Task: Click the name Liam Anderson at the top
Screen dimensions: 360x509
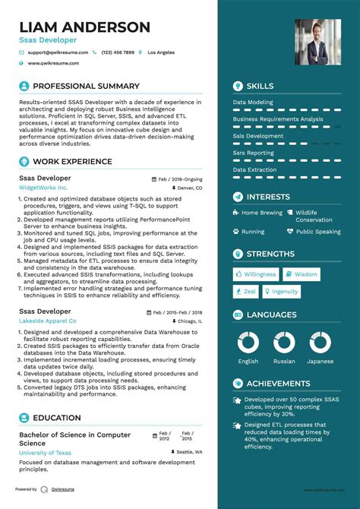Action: (x=85, y=27)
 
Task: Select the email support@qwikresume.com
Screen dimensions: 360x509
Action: (x=58, y=52)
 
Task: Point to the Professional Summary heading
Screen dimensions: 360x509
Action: (x=86, y=87)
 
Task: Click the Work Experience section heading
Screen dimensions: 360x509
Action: (x=72, y=162)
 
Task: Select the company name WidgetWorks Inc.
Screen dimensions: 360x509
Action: (x=43, y=187)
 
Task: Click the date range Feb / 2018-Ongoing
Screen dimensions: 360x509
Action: (x=179, y=179)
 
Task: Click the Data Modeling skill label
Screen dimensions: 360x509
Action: (x=254, y=102)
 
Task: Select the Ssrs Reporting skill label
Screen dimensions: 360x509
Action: (x=254, y=153)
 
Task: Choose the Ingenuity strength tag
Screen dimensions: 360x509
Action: (x=281, y=291)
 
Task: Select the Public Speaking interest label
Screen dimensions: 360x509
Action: (x=318, y=232)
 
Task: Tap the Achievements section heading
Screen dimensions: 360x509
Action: (x=277, y=384)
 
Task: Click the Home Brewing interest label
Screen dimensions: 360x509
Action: (x=261, y=213)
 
